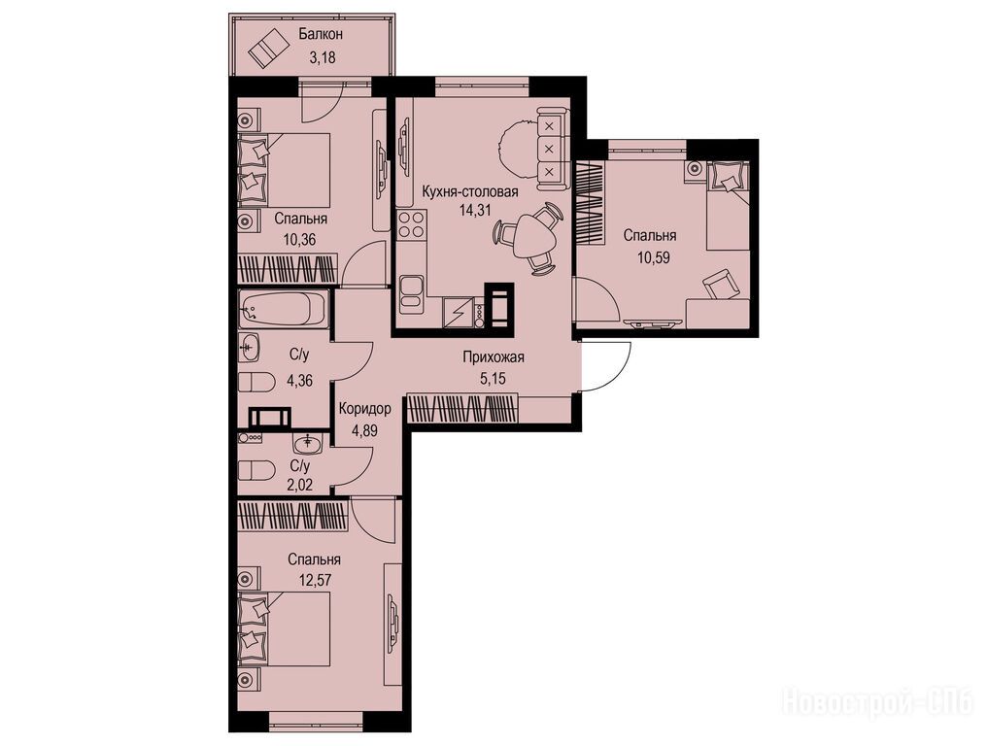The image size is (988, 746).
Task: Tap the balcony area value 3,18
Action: click(322, 57)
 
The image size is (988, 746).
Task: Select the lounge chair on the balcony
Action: click(265, 48)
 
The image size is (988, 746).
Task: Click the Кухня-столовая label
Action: click(470, 191)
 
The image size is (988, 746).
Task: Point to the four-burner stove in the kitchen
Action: click(412, 225)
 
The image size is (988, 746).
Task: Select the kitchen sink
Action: click(412, 293)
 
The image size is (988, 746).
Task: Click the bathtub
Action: click(284, 309)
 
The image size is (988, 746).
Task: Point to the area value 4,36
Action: click(300, 380)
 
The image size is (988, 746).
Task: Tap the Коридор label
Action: click(365, 409)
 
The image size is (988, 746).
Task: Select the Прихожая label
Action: click(494, 357)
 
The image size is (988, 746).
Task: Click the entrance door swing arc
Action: click(620, 372)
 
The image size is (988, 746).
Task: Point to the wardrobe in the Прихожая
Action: click(463, 408)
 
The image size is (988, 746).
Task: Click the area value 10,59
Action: click(650, 257)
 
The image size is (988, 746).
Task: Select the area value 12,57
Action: click(315, 582)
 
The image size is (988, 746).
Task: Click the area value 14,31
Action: click(475, 211)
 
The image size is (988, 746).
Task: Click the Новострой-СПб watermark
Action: click(878, 702)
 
